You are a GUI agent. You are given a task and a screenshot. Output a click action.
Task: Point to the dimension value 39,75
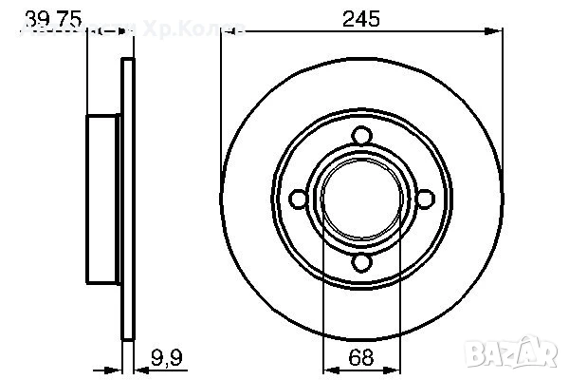pos(51,16)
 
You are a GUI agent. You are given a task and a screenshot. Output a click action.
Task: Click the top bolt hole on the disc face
pos(359,136)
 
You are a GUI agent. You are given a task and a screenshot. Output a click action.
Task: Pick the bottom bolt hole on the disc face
pos(359,262)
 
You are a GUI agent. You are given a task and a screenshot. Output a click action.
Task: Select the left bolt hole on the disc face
pos(297,199)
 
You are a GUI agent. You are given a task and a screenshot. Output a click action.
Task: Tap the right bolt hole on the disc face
pos(424,198)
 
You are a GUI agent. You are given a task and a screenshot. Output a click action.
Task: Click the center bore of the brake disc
pos(359,199)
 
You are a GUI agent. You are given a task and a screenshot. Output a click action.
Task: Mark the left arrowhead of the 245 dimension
pos(228,31)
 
